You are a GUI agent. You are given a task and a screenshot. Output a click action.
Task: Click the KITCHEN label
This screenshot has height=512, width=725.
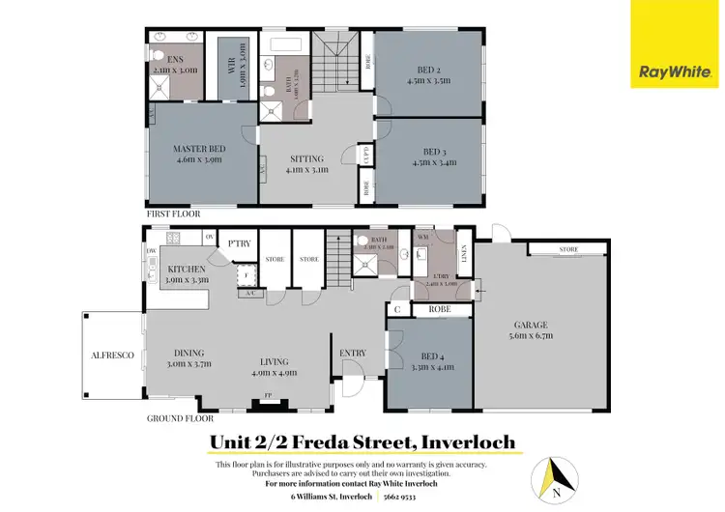coord(186,270)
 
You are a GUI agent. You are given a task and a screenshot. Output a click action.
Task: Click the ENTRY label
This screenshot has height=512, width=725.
coord(353,353)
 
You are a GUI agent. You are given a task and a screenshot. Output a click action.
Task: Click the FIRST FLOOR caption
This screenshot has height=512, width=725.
coord(175,212)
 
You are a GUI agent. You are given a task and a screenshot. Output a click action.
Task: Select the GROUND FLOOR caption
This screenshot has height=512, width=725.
coord(180,419)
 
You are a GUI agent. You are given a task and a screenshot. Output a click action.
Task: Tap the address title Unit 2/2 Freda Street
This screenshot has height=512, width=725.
coord(362,443)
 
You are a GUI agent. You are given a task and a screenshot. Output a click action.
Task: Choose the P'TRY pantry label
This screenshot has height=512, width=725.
coord(239,243)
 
